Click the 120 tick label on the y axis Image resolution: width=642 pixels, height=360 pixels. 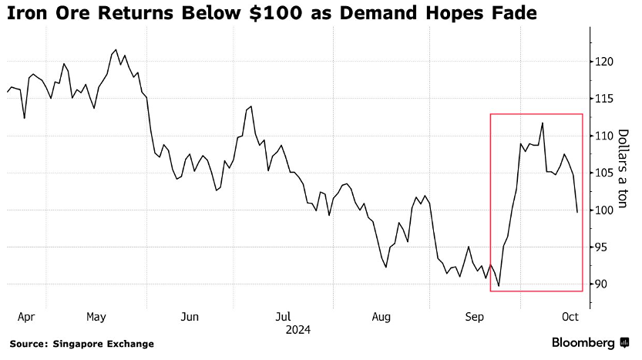604,62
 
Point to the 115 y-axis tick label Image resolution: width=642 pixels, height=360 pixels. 604,99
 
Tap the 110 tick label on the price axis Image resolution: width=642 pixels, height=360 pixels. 604,136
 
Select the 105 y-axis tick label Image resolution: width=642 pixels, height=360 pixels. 604,173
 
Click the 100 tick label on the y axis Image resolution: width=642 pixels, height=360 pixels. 604,210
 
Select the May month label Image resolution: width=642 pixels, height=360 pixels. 96,317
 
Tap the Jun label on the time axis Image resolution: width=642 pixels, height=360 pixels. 190,317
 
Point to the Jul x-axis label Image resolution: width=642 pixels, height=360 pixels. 283,317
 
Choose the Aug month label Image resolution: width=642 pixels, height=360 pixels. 382,317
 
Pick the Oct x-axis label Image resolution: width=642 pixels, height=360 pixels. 570,317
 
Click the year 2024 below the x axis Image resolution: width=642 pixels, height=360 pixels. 297,330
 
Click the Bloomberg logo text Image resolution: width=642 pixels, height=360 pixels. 583,342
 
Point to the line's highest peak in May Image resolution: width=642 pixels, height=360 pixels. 116,49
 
